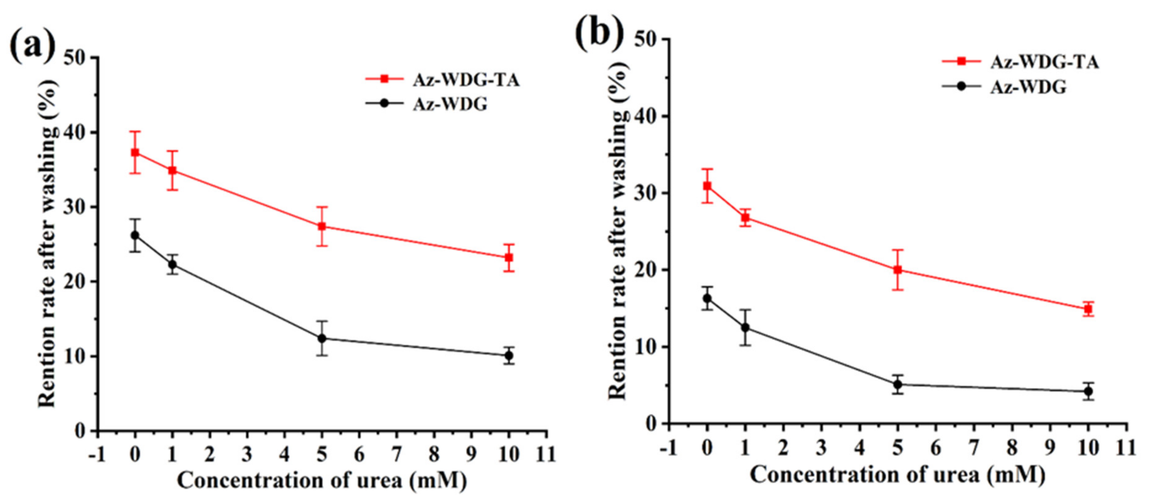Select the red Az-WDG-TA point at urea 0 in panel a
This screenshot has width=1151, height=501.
coord(135,153)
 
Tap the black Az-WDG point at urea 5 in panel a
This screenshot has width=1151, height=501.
coord(322,338)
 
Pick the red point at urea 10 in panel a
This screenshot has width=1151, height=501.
coord(508,257)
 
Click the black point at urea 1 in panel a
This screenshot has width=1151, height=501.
coord(173,265)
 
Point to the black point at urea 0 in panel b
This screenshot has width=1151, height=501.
coord(707,298)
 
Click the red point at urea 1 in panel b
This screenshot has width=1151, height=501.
coord(745,218)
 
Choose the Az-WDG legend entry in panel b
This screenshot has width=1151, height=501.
coord(1028,87)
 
